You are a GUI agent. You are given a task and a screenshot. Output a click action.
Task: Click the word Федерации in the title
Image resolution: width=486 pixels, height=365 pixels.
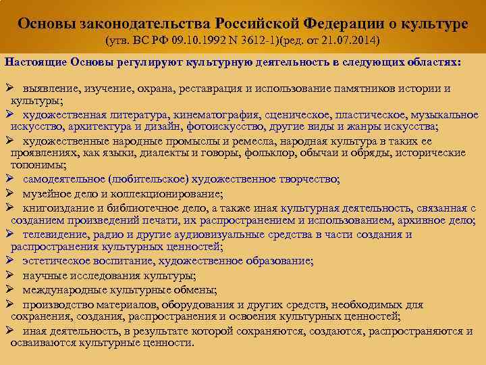click(x=341, y=23)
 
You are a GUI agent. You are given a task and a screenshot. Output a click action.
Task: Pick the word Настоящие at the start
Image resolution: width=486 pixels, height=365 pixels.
click(x=32, y=62)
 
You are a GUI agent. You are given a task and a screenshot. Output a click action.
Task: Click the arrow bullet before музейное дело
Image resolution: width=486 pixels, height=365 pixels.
click(x=9, y=193)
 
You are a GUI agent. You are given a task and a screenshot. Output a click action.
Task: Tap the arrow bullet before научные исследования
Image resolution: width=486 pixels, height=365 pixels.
click(x=9, y=275)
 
